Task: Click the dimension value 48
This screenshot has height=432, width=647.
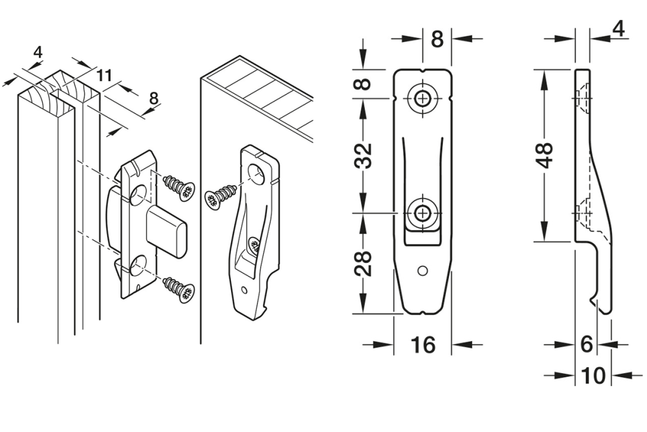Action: point(548,155)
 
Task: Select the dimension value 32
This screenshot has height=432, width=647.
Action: point(365,155)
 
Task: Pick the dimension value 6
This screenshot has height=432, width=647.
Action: point(586,345)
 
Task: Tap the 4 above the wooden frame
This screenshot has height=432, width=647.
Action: point(38,52)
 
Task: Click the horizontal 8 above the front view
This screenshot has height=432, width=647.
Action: point(437,40)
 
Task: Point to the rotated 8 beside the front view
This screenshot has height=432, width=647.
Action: point(365,84)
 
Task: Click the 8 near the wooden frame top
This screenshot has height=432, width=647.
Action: point(154,98)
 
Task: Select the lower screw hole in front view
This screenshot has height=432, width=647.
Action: point(423,212)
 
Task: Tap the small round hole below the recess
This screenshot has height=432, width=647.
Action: point(423,269)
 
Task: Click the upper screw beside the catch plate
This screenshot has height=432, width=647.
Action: point(177,186)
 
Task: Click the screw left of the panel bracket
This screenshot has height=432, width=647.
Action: point(221,196)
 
